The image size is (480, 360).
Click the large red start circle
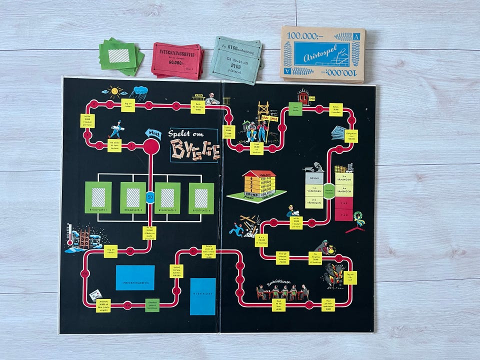tap(151, 146)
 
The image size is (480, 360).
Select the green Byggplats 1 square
tap(98, 197)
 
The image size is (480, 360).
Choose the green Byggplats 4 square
tap(201, 198)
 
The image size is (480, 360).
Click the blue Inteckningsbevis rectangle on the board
tap(135, 278)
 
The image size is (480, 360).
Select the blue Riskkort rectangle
tap(202, 296)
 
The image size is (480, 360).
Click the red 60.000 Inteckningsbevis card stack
tap(177, 60)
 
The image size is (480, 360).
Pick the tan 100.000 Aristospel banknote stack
tap(323, 54)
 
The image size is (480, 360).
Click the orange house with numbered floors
tap(259, 184)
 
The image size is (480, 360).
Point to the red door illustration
tap(303, 97)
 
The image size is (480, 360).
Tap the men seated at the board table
tap(283, 292)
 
